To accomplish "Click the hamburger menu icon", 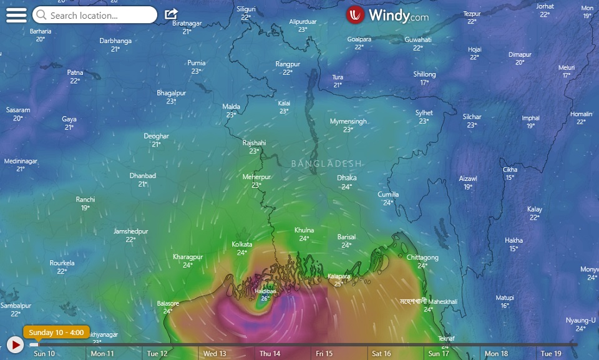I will (16, 15).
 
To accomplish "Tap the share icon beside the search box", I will (171, 14).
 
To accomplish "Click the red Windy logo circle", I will (356, 15).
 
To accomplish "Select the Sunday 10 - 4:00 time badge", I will (57, 332).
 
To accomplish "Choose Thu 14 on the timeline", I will (270, 354).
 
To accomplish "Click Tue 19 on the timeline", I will (551, 354).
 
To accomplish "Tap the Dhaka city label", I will (347, 178).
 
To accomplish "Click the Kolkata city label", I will (241, 245).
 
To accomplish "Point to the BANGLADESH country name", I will (326, 163).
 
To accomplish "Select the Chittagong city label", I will (422, 258).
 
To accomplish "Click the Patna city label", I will (75, 73).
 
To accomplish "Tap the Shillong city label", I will (424, 74).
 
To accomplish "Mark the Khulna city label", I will (304, 230).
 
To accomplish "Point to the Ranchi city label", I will (85, 200).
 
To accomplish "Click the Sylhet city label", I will (424, 113).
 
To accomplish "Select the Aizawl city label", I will (468, 178).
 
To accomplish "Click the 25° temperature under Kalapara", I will (338, 284).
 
